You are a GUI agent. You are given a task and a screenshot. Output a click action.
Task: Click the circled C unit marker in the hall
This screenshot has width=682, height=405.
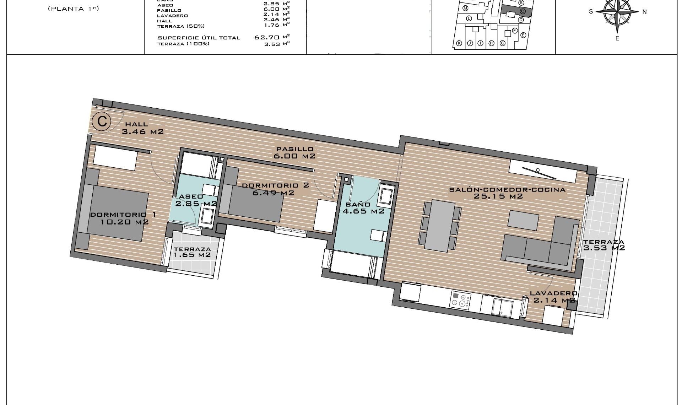click(x=102, y=122)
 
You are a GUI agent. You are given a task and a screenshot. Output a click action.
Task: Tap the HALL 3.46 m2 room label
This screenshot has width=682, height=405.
click(x=142, y=128)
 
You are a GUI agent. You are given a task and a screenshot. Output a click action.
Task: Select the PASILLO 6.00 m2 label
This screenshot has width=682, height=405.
click(x=294, y=153)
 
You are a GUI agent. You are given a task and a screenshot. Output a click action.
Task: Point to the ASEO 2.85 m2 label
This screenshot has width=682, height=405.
click(x=195, y=200)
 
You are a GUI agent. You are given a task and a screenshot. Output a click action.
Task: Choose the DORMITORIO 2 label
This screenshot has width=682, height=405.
click(x=275, y=185)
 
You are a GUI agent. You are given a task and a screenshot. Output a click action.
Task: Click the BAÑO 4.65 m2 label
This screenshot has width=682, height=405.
click(x=363, y=208)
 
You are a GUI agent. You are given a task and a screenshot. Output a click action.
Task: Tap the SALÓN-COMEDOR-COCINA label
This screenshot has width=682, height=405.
click(x=507, y=190)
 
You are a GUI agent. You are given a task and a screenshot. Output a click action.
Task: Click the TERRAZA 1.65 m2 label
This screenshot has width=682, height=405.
click(x=192, y=252)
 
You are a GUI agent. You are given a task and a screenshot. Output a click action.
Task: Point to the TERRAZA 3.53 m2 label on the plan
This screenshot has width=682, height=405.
click(x=603, y=245)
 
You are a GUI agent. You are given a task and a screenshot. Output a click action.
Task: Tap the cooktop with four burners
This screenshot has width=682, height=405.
click(x=461, y=299)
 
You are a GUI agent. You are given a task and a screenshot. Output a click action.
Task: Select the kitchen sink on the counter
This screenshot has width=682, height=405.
click(x=502, y=306)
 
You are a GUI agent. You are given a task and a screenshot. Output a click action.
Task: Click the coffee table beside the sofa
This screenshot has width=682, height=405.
click(x=523, y=220)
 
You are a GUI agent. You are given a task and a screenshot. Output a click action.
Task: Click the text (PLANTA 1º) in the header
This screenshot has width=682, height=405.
click(x=73, y=9)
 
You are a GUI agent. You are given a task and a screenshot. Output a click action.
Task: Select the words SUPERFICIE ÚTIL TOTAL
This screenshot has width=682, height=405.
click(x=199, y=38)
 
